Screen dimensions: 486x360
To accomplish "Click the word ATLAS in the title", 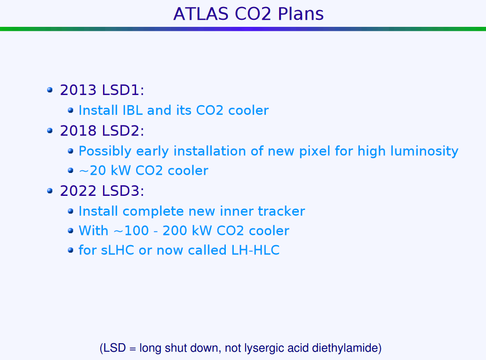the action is [x=201, y=14].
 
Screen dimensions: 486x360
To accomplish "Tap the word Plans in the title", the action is [x=301, y=14].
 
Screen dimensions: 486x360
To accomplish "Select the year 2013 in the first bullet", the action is [x=78, y=90].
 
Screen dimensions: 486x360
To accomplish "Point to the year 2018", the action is [x=78, y=131].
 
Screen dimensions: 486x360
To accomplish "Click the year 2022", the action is [x=78, y=191].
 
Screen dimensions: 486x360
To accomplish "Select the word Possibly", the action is [x=105, y=152].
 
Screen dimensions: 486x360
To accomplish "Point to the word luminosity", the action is [x=424, y=152].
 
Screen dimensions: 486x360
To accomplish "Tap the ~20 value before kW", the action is [x=93, y=171].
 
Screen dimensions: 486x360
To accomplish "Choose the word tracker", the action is [x=281, y=211].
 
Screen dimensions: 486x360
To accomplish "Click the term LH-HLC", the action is [x=256, y=250].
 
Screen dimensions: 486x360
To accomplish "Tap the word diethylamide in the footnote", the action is [x=345, y=348].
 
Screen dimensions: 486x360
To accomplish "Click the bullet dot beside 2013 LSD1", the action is [x=50, y=90].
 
